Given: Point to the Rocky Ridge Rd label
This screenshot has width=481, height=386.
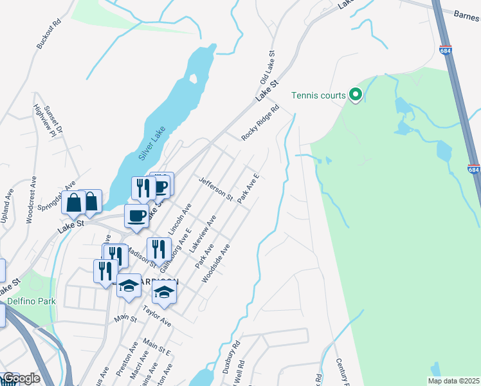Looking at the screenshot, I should pyautogui.click(x=260, y=123).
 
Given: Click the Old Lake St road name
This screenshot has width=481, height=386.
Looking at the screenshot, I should pyautogui.click(x=267, y=68).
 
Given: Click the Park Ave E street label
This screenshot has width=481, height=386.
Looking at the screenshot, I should pyautogui.click(x=248, y=188).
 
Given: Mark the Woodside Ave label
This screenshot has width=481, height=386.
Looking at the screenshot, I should pyautogui.click(x=215, y=262).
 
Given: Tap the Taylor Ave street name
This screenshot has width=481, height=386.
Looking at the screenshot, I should pyautogui.click(x=156, y=315).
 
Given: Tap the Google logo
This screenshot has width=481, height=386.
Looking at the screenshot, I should pyautogui.click(x=21, y=378).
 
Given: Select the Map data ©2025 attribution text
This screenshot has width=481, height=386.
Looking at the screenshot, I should pyautogui.click(x=453, y=381).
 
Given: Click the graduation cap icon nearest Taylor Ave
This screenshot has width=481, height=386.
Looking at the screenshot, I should pyautogui.click(x=164, y=294).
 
